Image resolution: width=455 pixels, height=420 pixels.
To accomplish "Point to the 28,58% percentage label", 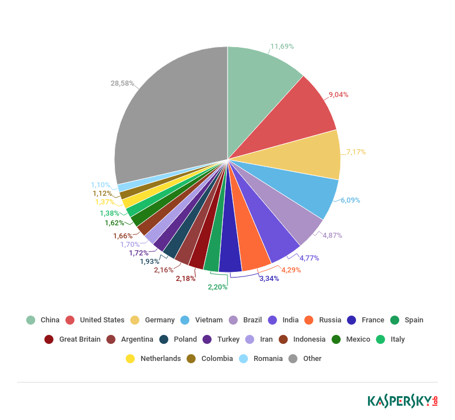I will coord(122,83).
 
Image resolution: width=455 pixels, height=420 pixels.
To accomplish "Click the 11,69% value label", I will coord(282,46).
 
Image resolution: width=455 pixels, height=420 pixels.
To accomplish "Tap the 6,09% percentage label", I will coord(350,200).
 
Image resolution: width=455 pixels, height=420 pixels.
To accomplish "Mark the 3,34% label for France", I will coord(269,279).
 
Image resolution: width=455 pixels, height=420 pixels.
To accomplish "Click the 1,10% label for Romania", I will coord(101,184).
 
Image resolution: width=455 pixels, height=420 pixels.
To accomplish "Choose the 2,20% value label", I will coord(217,287).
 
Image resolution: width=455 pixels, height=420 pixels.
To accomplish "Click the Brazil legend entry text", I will coord(253,320).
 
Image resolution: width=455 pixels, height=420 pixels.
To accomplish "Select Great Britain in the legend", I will coord(80,339).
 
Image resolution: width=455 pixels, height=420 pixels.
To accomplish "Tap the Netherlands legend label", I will coord(160,359).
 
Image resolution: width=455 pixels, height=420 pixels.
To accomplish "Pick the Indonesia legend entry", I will coord(309,339).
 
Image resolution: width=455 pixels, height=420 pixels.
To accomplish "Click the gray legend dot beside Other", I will coord(293,359).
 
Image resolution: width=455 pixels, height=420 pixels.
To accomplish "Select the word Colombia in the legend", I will coord(217,359).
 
